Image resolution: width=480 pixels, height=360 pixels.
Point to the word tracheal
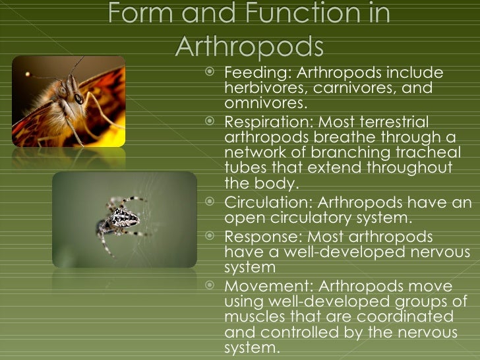click(x=427, y=153)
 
